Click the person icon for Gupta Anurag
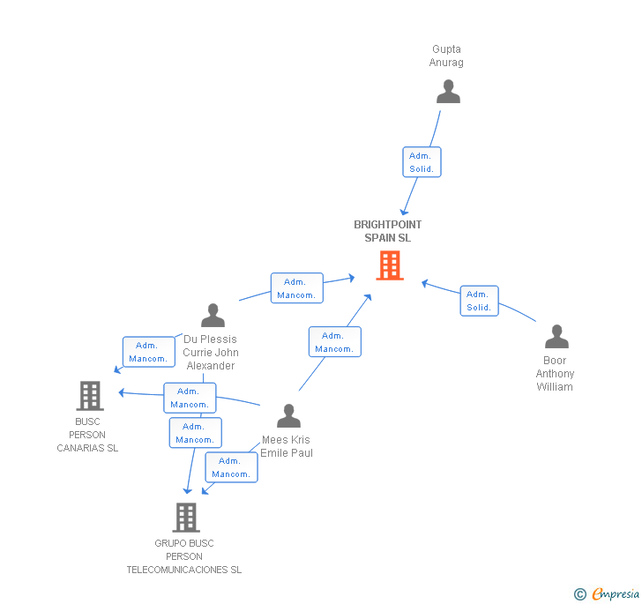448,92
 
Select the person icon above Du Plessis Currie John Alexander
213,315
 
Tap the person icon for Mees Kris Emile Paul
288,415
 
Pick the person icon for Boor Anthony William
556,336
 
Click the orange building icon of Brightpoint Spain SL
390,265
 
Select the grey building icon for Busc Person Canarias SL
90,396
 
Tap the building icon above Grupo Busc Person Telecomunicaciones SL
185,517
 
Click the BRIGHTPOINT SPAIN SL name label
388,231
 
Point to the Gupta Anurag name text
446,56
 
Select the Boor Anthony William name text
555,374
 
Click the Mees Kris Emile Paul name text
287,446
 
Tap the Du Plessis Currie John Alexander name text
210,352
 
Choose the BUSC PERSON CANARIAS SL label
87,435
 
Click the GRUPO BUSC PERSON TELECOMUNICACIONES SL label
183,556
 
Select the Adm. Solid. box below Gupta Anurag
420,162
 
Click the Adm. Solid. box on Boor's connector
479,301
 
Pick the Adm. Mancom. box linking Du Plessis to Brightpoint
296,288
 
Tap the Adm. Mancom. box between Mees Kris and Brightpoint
334,342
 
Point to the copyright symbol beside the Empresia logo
580,594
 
